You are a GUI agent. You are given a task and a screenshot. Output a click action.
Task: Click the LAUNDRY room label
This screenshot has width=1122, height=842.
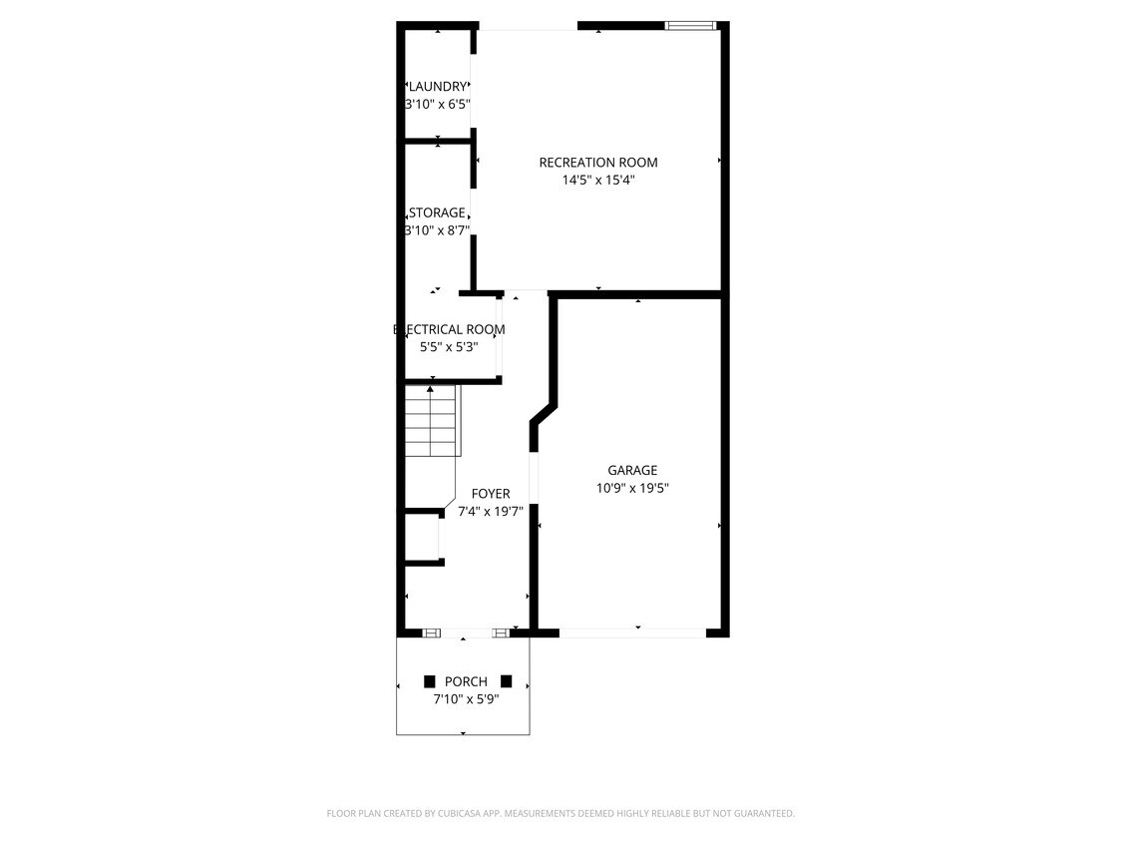click(x=437, y=87)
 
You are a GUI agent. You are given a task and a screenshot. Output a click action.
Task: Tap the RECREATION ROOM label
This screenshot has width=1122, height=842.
click(x=598, y=163)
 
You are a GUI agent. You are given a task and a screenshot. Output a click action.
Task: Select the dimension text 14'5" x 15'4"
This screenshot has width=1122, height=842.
click(x=598, y=181)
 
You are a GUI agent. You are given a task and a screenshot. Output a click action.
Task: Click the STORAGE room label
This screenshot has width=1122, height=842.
click(x=437, y=212)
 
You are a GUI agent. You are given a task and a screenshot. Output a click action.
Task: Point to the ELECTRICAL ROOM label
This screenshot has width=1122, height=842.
click(x=449, y=329)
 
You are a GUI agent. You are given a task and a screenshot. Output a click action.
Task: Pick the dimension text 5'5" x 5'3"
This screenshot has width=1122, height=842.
click(x=449, y=347)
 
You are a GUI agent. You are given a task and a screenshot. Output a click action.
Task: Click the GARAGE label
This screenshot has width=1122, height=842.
click(x=632, y=470)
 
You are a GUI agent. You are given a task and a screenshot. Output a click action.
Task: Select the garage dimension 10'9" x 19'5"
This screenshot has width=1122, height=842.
click(x=632, y=489)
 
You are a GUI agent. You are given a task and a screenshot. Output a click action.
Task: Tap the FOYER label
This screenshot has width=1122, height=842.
click(x=491, y=494)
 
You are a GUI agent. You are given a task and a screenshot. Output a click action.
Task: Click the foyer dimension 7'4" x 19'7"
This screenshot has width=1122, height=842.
click(x=491, y=512)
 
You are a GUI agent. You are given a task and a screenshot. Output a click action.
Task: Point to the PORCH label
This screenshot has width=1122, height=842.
click(x=466, y=681)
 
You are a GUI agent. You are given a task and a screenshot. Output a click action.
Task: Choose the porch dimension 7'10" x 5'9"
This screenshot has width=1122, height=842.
click(x=466, y=699)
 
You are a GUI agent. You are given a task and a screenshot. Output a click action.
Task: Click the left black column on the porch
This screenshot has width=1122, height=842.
click(x=430, y=681)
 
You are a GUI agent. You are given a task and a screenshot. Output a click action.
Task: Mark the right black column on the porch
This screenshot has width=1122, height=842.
click(x=507, y=681)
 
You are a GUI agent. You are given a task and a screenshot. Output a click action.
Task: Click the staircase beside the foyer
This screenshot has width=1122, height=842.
click(x=431, y=420)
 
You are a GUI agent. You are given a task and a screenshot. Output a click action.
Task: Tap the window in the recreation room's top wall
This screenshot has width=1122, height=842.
click(x=690, y=26)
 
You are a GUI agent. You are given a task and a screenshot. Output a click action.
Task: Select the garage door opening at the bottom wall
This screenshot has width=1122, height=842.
click(x=632, y=632)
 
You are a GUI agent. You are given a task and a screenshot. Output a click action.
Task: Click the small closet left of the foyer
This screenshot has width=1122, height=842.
click(x=421, y=539)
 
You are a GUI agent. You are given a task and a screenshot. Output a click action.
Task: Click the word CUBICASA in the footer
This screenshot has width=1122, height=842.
click(x=456, y=814)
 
